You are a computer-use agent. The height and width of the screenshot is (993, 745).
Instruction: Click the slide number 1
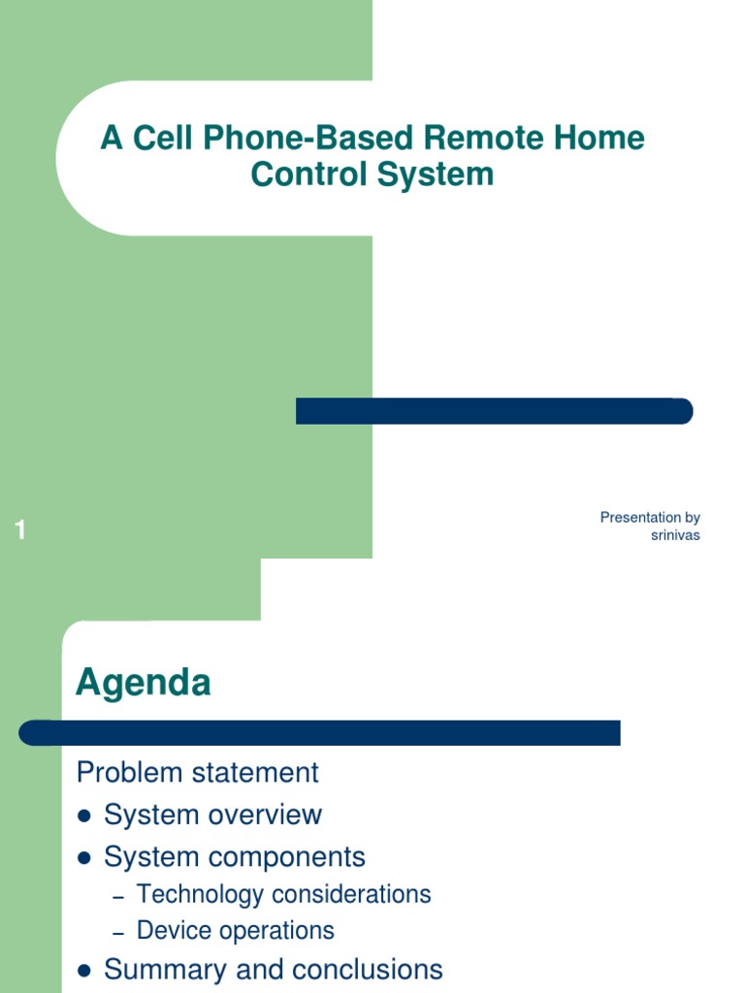pyautogui.click(x=20, y=530)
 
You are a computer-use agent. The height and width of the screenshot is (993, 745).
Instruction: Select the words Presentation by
pyautogui.click(x=650, y=518)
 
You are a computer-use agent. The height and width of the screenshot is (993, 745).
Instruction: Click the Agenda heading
pyautogui.click(x=143, y=683)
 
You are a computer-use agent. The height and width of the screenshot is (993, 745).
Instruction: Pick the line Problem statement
pyautogui.click(x=197, y=773)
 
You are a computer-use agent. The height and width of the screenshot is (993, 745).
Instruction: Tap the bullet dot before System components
pyautogui.click(x=83, y=858)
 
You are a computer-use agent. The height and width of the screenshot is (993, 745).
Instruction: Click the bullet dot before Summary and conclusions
pyautogui.click(x=83, y=971)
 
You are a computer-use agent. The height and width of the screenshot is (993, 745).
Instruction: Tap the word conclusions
pyautogui.click(x=368, y=970)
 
